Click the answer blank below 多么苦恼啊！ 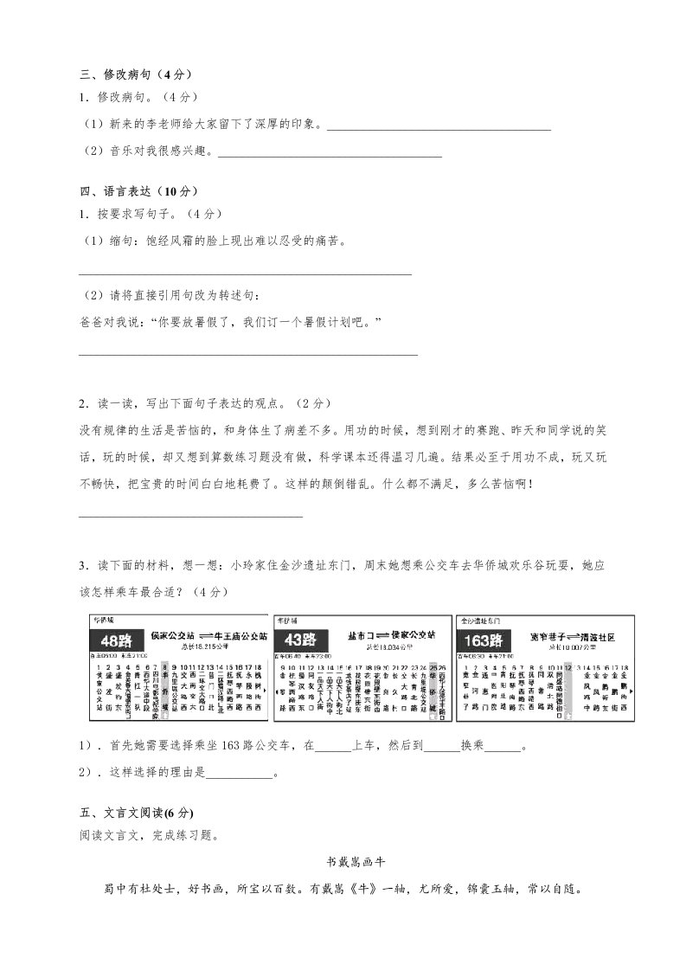(x=190, y=516)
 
